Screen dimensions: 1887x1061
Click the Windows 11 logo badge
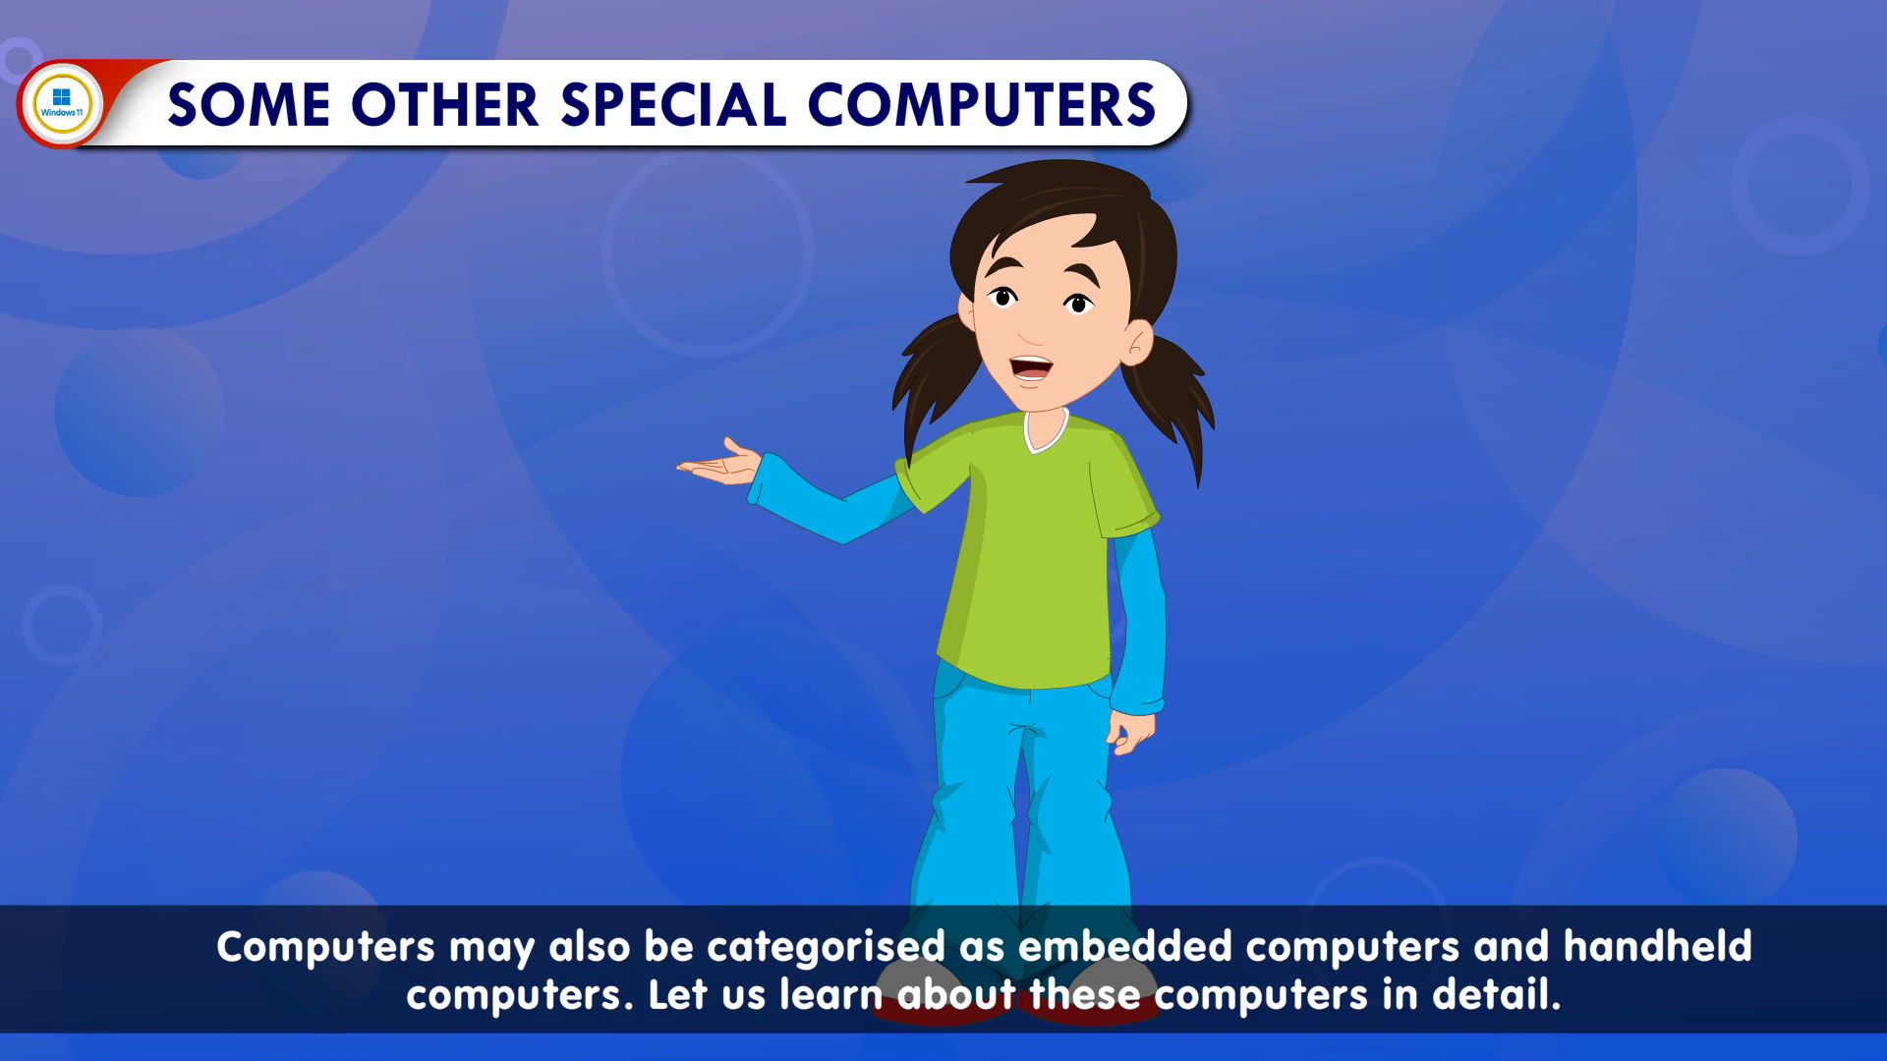click(x=62, y=103)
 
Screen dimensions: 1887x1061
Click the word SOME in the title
click(x=249, y=104)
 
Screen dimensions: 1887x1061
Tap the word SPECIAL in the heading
click(x=673, y=104)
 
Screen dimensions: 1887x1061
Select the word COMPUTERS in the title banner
click(x=981, y=104)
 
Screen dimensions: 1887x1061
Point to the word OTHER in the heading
click(x=444, y=104)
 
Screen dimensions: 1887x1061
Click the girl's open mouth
click(x=1031, y=368)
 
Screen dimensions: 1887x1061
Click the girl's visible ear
click(x=1137, y=344)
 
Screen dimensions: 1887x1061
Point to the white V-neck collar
click(x=1045, y=432)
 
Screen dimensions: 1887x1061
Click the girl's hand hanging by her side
click(x=1130, y=732)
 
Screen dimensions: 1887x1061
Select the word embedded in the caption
click(x=1124, y=946)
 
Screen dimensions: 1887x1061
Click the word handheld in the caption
click(x=1657, y=946)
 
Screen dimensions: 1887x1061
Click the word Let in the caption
click(x=677, y=994)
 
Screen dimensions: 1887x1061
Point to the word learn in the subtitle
click(x=830, y=994)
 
